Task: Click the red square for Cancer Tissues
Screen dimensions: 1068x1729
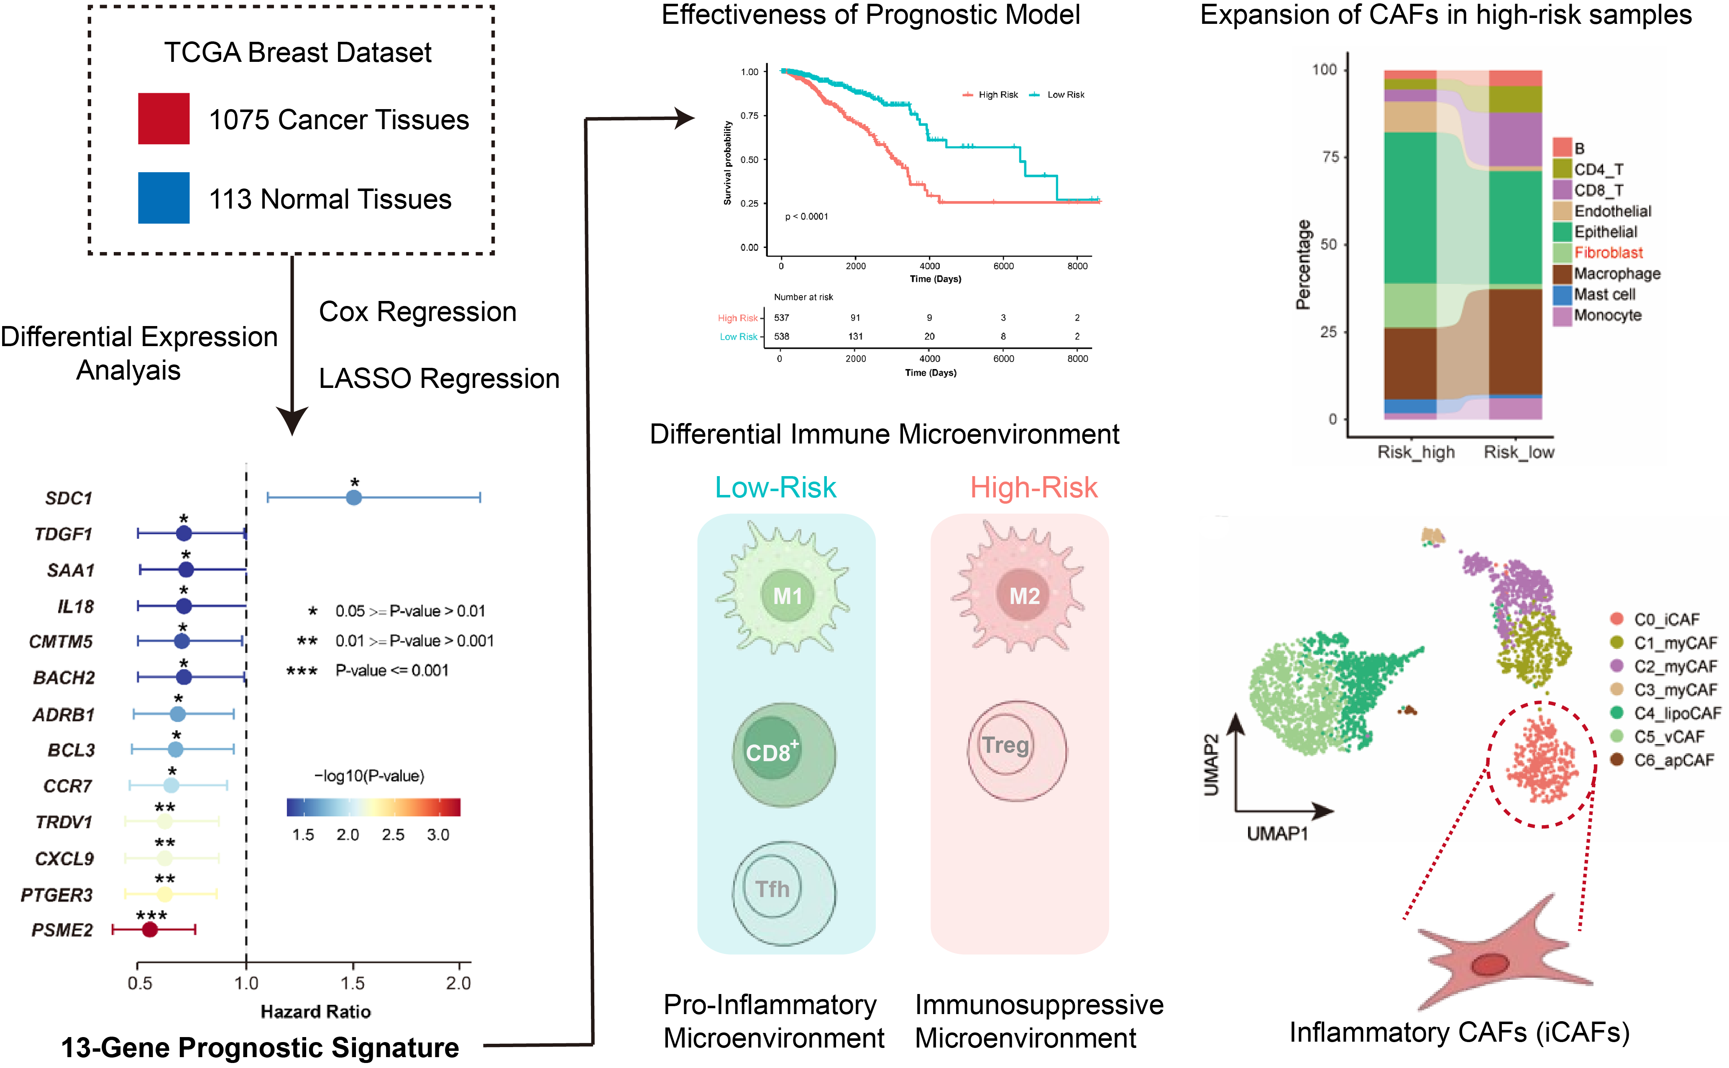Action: (x=163, y=119)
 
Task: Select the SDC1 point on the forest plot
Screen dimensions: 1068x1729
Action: (x=354, y=498)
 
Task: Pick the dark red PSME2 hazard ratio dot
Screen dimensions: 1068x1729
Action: (x=150, y=930)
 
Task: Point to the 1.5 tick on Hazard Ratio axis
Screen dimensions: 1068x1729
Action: (x=353, y=983)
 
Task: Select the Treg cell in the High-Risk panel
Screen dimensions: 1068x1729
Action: (x=1016, y=750)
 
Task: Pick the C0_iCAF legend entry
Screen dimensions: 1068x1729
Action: (x=1666, y=619)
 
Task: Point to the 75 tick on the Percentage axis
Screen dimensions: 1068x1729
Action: (x=1330, y=157)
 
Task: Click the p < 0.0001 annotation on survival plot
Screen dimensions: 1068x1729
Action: (x=806, y=217)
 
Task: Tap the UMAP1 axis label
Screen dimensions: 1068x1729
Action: (x=1277, y=834)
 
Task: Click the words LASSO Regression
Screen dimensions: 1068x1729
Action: (x=439, y=379)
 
